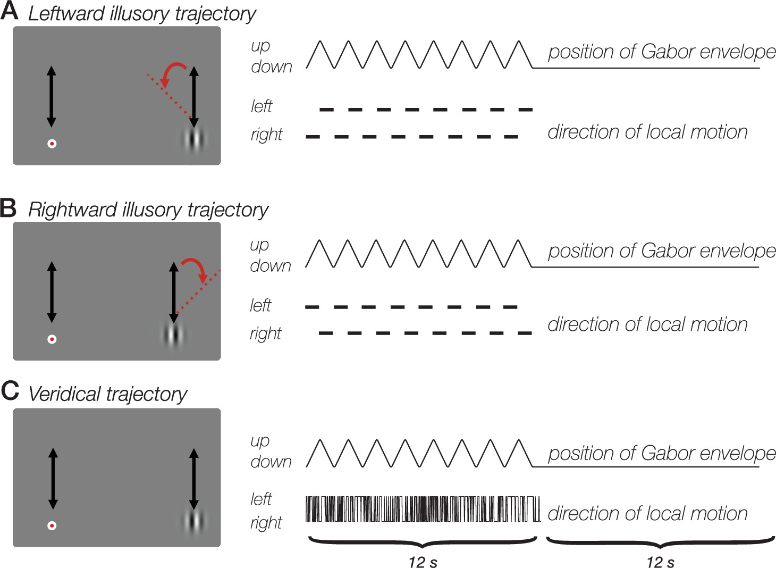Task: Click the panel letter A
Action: point(10,11)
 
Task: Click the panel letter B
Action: point(9,207)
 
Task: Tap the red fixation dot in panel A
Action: point(52,144)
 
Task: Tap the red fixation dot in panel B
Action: point(52,339)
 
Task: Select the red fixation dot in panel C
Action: point(52,525)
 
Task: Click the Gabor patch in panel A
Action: point(195,139)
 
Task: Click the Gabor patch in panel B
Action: point(173,335)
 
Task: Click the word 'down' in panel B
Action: point(271,266)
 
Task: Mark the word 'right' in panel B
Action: point(265,333)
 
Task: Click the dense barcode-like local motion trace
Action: point(423,509)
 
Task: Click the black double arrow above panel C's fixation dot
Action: point(53,479)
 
